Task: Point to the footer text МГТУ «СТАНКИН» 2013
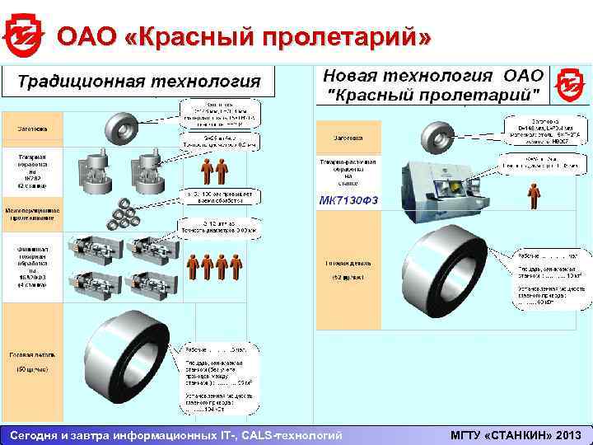[x=516, y=434]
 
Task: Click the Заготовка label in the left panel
[x=32, y=129]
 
